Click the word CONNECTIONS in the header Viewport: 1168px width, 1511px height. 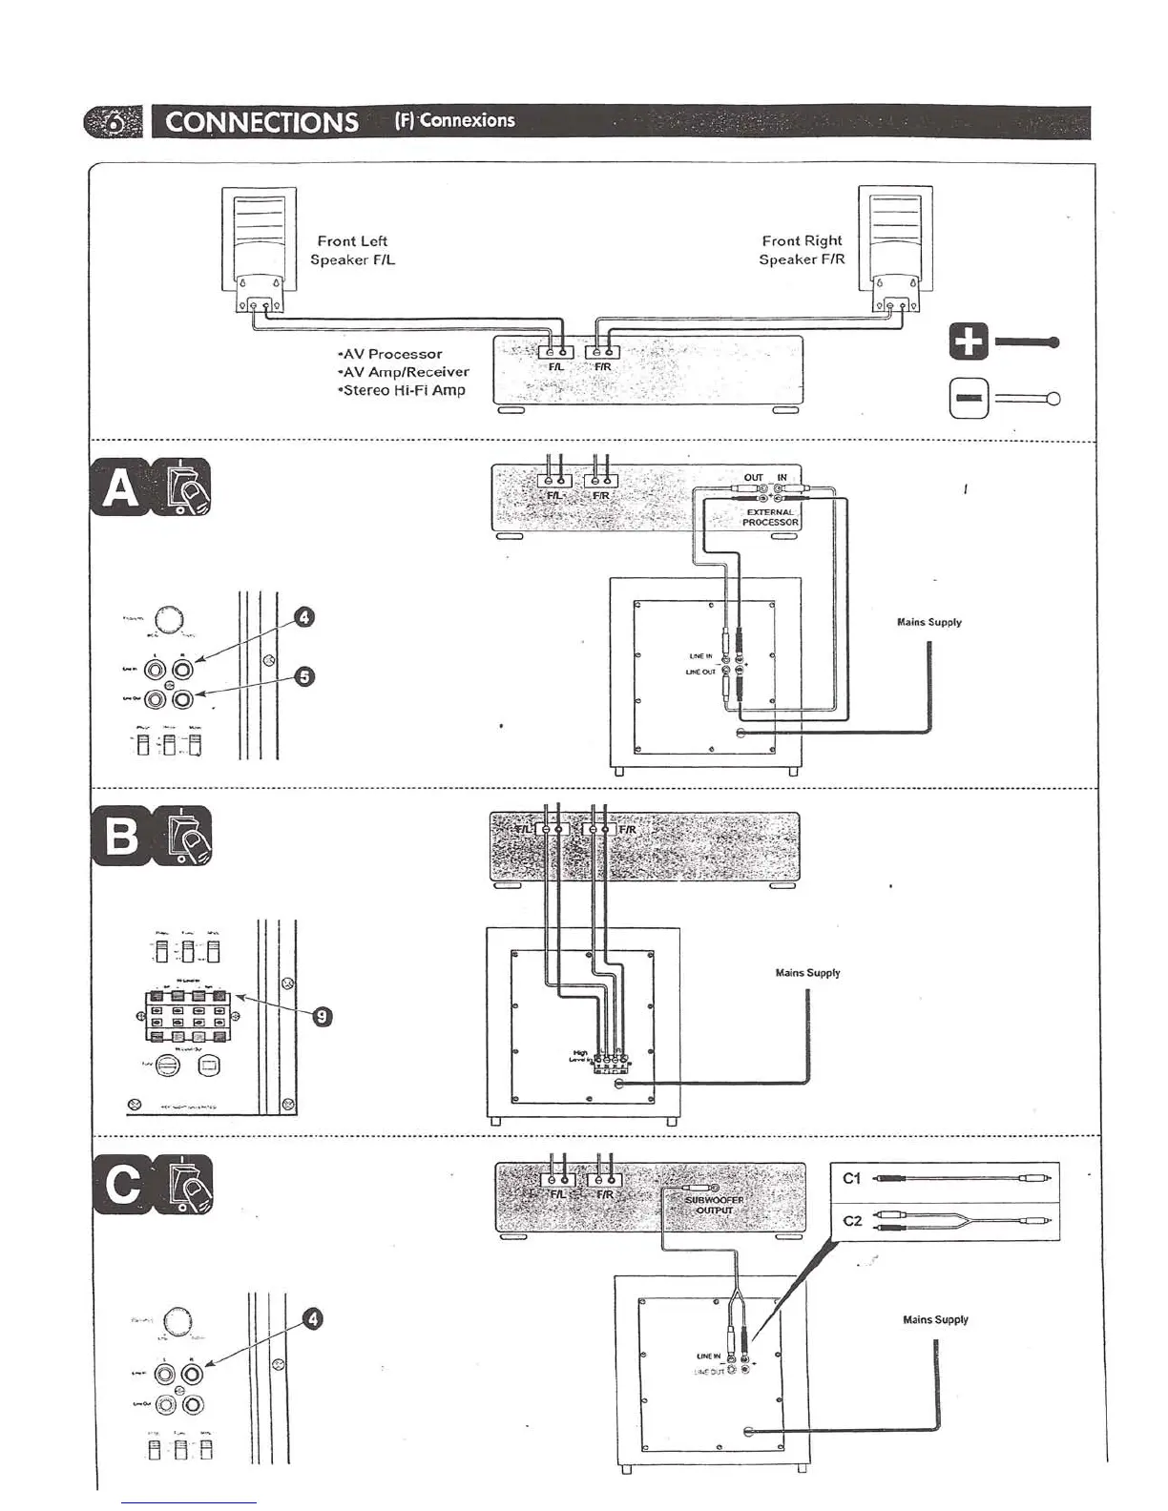261,122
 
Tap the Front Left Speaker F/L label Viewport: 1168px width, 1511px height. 352,250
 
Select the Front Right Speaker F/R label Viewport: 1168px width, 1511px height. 802,250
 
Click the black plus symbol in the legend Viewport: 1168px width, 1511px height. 968,342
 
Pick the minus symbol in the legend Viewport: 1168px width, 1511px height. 968,399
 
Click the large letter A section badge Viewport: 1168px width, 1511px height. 121,487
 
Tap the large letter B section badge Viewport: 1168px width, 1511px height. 121,836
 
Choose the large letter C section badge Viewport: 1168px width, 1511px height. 123,1185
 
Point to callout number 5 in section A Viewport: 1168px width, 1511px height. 303,676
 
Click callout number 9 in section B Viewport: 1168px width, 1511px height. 323,1017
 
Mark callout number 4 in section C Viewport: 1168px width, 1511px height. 312,1319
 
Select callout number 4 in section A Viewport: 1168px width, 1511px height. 303,617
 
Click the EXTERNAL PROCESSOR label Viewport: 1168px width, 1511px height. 770,517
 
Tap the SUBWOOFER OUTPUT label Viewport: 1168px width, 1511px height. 714,1205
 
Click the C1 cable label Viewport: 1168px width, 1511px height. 852,1178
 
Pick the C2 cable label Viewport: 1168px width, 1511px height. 852,1220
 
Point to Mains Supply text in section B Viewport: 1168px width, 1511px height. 807,973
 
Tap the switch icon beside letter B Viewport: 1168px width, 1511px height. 184,836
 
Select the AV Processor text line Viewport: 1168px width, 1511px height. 391,354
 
